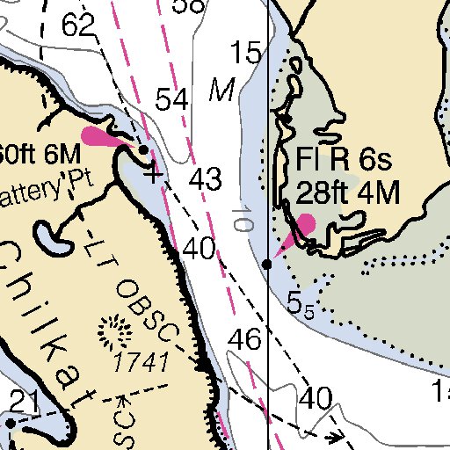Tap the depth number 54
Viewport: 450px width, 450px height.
coord(172,100)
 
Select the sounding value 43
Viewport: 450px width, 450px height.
coord(205,180)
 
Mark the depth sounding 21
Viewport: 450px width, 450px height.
coord(25,402)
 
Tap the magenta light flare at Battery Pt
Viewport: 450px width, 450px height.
coord(104,137)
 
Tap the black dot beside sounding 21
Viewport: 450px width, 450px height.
coord(10,423)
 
